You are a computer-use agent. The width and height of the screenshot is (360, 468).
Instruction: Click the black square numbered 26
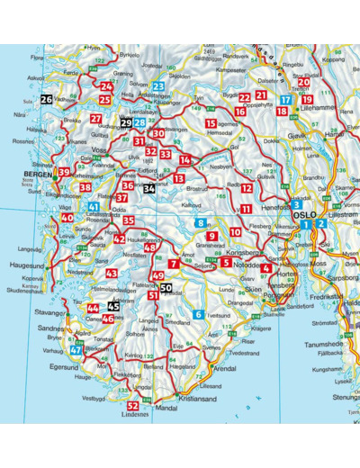(x=47, y=100)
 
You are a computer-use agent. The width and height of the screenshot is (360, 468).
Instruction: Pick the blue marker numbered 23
(x=158, y=86)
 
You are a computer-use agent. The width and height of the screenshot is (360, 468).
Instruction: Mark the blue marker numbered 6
(x=198, y=314)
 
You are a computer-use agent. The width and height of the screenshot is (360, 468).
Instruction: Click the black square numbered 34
(x=149, y=189)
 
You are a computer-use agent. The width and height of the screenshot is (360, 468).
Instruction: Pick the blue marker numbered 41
(x=94, y=207)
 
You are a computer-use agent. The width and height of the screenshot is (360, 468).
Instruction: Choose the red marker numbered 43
(x=112, y=273)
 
